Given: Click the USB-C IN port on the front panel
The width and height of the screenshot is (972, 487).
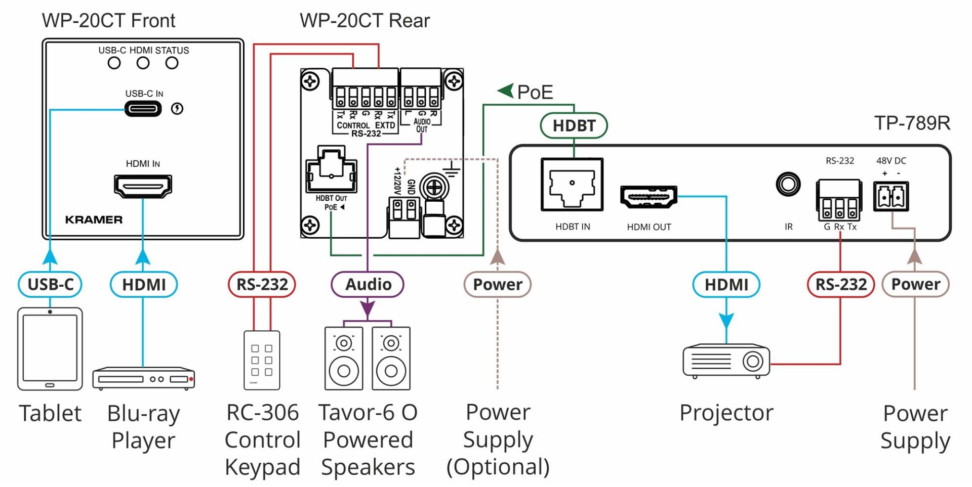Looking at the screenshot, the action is tap(143, 109).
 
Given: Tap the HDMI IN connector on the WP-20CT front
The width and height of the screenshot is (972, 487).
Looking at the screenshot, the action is tap(143, 186).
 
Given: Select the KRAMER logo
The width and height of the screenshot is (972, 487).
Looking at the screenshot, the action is tap(94, 219).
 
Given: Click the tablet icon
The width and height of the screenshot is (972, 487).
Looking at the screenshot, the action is tap(50, 349).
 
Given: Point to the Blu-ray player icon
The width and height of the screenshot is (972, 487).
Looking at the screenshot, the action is tap(144, 378).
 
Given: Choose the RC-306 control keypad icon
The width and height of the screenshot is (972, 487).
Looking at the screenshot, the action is tap(262, 360).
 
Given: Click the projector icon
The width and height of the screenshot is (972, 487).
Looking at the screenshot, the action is tap(726, 361).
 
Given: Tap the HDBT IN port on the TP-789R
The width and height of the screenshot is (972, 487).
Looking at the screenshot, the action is tap(572, 184).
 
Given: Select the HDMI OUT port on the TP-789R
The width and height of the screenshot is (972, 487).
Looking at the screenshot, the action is tap(649, 197).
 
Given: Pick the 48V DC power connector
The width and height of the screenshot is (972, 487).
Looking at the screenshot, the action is tap(892, 196).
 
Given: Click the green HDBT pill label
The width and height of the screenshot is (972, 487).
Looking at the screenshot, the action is tap(574, 125).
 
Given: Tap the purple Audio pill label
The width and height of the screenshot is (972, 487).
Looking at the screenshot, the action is tap(368, 284).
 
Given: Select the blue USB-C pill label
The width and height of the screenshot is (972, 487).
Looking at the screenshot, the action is tap(50, 284).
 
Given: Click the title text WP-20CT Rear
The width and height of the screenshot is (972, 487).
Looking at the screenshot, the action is tap(364, 21).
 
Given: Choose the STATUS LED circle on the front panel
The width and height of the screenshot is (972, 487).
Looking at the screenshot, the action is tap(172, 63).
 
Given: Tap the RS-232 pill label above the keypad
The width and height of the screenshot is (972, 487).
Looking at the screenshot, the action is tap(262, 284).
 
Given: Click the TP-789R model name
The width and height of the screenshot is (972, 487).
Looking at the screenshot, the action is tap(912, 123).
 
